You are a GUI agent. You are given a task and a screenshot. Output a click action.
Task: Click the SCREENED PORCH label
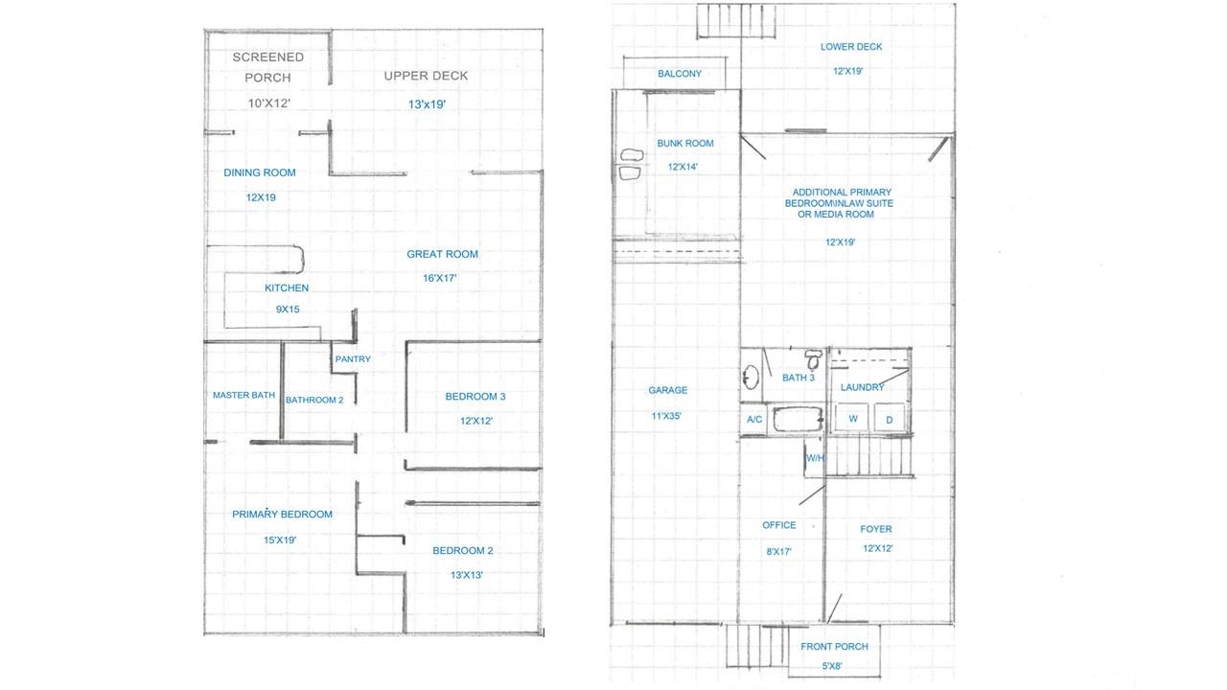tap(267, 67)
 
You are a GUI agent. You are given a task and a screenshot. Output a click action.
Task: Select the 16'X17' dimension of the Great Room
tap(441, 279)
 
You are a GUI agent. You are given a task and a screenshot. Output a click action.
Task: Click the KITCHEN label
tap(287, 287)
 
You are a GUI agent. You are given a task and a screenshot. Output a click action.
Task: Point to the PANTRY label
tap(352, 359)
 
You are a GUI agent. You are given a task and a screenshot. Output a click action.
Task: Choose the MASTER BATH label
tap(243, 395)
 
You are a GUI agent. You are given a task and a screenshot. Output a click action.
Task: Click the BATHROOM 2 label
tap(313, 400)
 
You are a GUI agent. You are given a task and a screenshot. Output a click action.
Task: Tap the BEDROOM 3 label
tap(475, 397)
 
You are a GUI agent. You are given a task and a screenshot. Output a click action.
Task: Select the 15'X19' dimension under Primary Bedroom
tap(280, 540)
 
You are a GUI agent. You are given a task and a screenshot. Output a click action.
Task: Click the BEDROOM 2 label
tap(462, 551)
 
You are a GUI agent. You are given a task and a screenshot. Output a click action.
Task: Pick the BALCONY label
tap(679, 74)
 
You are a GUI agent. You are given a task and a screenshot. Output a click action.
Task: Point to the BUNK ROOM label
tap(684, 144)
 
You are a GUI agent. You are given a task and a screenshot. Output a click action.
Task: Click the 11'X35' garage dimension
tap(667, 417)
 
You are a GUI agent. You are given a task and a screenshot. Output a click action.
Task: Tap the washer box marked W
tap(851, 419)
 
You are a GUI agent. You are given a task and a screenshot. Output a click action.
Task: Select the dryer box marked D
tap(889, 419)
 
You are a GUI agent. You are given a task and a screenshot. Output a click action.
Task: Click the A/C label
tap(753, 420)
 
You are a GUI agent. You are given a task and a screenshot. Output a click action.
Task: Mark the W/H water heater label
tap(815, 458)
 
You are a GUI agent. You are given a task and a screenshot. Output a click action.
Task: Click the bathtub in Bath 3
tap(797, 420)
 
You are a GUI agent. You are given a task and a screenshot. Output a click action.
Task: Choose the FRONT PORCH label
tap(834, 647)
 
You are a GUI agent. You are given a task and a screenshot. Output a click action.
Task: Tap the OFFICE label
tap(778, 525)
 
